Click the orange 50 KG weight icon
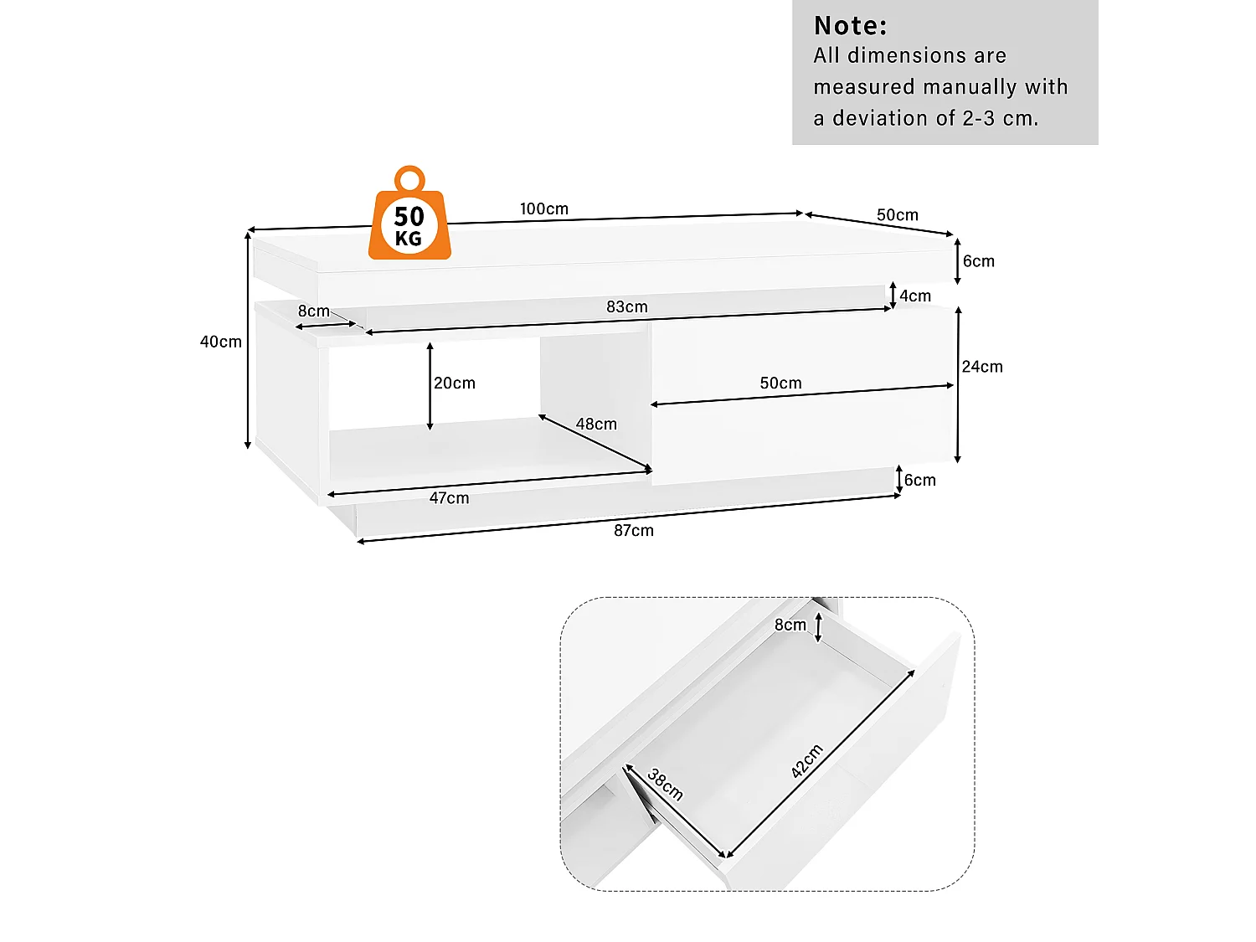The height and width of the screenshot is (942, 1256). [x=409, y=216]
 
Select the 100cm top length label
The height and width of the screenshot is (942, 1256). [x=543, y=208]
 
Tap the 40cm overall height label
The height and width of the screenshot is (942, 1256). [x=221, y=342]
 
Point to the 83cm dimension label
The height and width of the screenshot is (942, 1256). [x=627, y=307]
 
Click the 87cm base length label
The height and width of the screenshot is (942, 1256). [x=634, y=530]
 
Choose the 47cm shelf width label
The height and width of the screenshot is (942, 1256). [x=449, y=498]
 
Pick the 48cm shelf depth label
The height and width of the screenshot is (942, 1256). [x=596, y=425]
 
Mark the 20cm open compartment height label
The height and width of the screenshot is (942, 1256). [x=455, y=383]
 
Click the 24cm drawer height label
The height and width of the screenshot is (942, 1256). [x=982, y=367]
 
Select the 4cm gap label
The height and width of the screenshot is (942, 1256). [x=915, y=296]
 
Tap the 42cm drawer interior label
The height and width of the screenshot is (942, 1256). [x=807, y=761]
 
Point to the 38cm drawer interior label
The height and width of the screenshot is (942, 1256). [x=666, y=785]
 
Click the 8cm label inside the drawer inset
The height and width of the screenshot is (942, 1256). [x=790, y=625]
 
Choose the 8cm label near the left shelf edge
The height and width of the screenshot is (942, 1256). [x=313, y=311]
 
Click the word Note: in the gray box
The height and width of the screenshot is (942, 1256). [x=850, y=26]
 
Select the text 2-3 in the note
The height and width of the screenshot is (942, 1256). [x=979, y=118]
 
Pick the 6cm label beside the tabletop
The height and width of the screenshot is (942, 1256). [x=979, y=261]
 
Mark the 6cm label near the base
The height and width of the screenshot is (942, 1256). [x=920, y=480]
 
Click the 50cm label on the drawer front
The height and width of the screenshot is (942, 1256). [x=780, y=383]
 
